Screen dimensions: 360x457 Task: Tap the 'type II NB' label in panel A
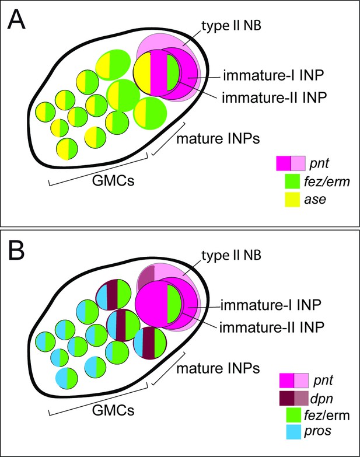(x=231, y=26)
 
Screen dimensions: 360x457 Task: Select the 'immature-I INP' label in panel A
(x=274, y=75)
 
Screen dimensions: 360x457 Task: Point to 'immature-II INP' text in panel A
(x=274, y=97)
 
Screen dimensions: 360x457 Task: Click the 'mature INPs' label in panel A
(x=218, y=139)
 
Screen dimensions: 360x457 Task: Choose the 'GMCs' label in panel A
(x=113, y=181)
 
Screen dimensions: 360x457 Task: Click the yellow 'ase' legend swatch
(x=292, y=200)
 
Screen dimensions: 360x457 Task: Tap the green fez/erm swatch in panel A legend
(x=292, y=182)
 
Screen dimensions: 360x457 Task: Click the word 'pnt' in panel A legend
(x=319, y=163)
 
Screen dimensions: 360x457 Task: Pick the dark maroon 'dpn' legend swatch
(x=286, y=399)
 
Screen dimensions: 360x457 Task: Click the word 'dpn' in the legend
(x=321, y=399)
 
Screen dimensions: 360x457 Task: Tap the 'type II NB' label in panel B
(x=231, y=255)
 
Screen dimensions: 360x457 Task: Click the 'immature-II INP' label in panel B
(x=272, y=327)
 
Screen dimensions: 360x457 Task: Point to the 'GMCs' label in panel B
(x=113, y=410)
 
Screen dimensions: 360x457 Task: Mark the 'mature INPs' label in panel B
(x=218, y=368)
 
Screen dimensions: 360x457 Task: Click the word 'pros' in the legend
(x=317, y=431)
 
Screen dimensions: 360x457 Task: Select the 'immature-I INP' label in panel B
(x=271, y=305)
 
